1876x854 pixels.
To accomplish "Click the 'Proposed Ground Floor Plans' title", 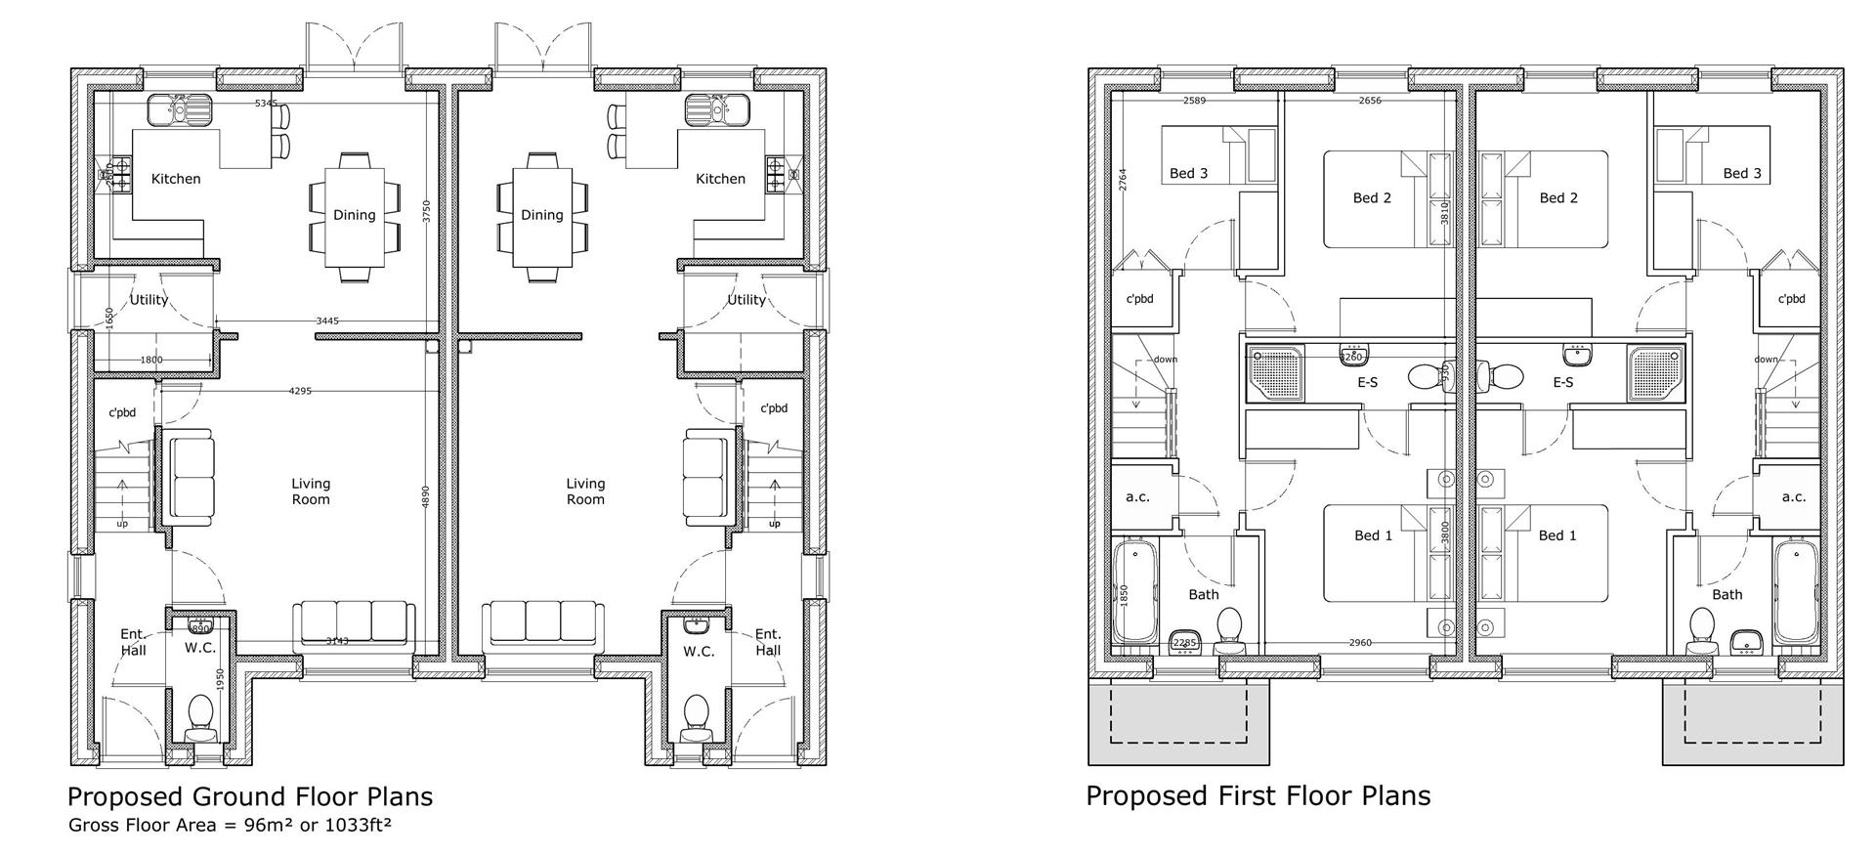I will click(x=249, y=796).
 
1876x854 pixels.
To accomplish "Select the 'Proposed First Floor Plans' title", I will click(x=1258, y=795).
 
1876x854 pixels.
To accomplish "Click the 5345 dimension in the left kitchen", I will click(x=266, y=103).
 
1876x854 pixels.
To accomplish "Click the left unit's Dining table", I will click(x=354, y=216).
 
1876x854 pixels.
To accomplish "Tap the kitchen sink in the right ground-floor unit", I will click(x=717, y=109).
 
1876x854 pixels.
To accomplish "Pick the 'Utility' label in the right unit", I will click(x=746, y=300).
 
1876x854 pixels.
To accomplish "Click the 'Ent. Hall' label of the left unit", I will click(x=133, y=642).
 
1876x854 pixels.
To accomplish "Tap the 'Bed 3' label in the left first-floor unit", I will click(x=1188, y=173).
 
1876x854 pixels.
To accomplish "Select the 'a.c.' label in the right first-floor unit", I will click(x=1794, y=496).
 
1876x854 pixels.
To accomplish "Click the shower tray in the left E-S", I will click(x=1272, y=373).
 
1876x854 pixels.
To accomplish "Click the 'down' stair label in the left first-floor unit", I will click(x=1165, y=359).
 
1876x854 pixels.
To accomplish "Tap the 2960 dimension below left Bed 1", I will click(x=1359, y=643).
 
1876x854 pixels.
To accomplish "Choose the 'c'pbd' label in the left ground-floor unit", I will click(x=121, y=412).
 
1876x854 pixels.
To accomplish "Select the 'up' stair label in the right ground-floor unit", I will click(x=775, y=523).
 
